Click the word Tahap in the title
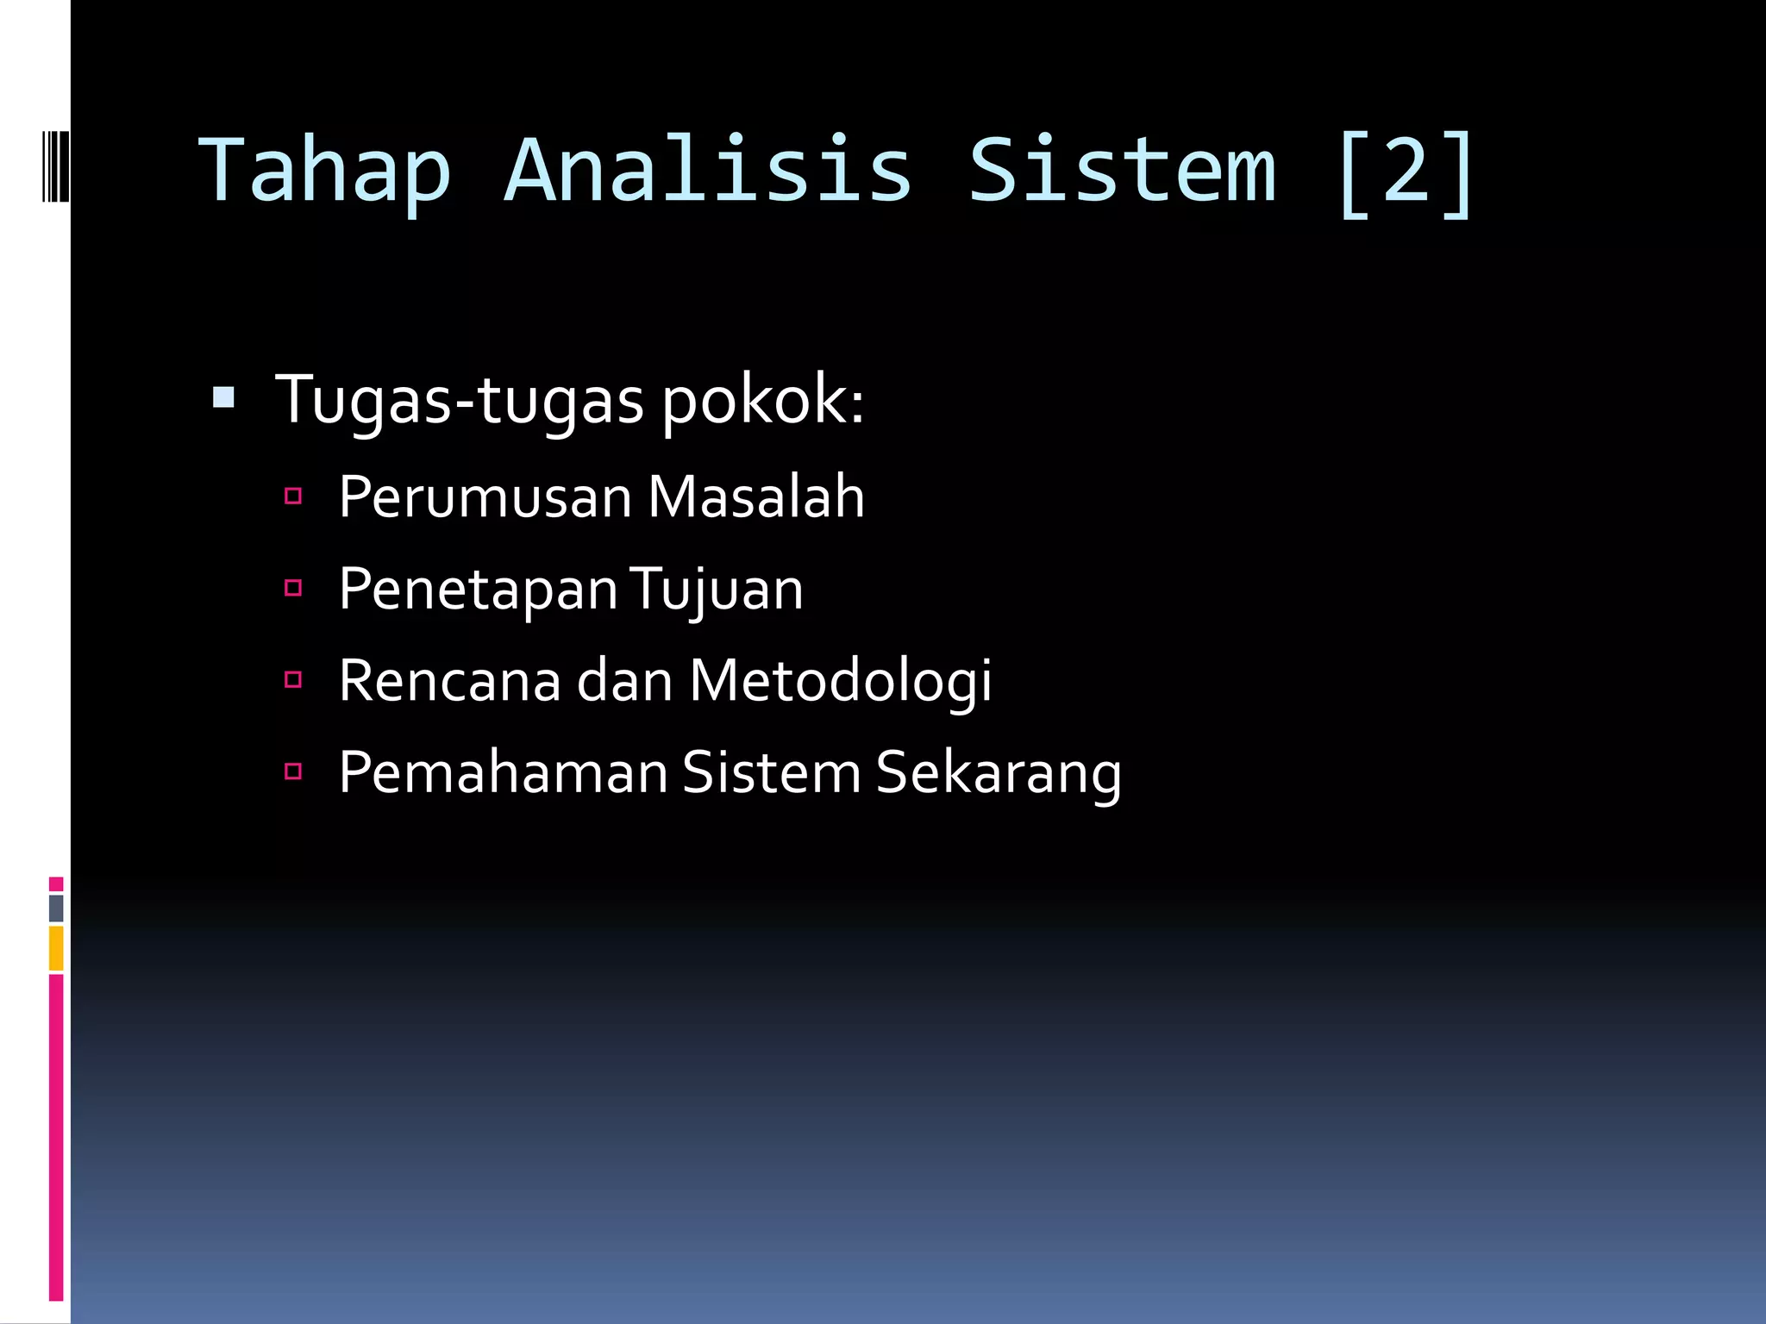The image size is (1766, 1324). [x=325, y=171]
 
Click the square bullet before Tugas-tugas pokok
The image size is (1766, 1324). [x=223, y=398]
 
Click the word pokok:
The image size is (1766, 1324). [x=763, y=402]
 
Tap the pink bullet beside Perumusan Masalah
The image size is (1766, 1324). [x=293, y=496]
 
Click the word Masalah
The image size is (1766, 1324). [x=755, y=497]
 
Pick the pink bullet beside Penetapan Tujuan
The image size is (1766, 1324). [x=293, y=588]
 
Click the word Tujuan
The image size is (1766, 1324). [x=717, y=590]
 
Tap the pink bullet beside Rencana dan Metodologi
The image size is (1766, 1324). [x=293, y=679]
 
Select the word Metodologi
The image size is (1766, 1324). [x=841, y=682]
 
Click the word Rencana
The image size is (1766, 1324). [x=450, y=682]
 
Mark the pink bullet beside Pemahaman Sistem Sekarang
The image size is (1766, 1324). [x=293, y=771]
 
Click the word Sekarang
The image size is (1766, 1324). [x=999, y=773]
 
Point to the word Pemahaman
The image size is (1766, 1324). [x=503, y=773]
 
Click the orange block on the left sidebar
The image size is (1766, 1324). [x=56, y=948]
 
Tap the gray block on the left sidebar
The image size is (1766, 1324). [x=56, y=908]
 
